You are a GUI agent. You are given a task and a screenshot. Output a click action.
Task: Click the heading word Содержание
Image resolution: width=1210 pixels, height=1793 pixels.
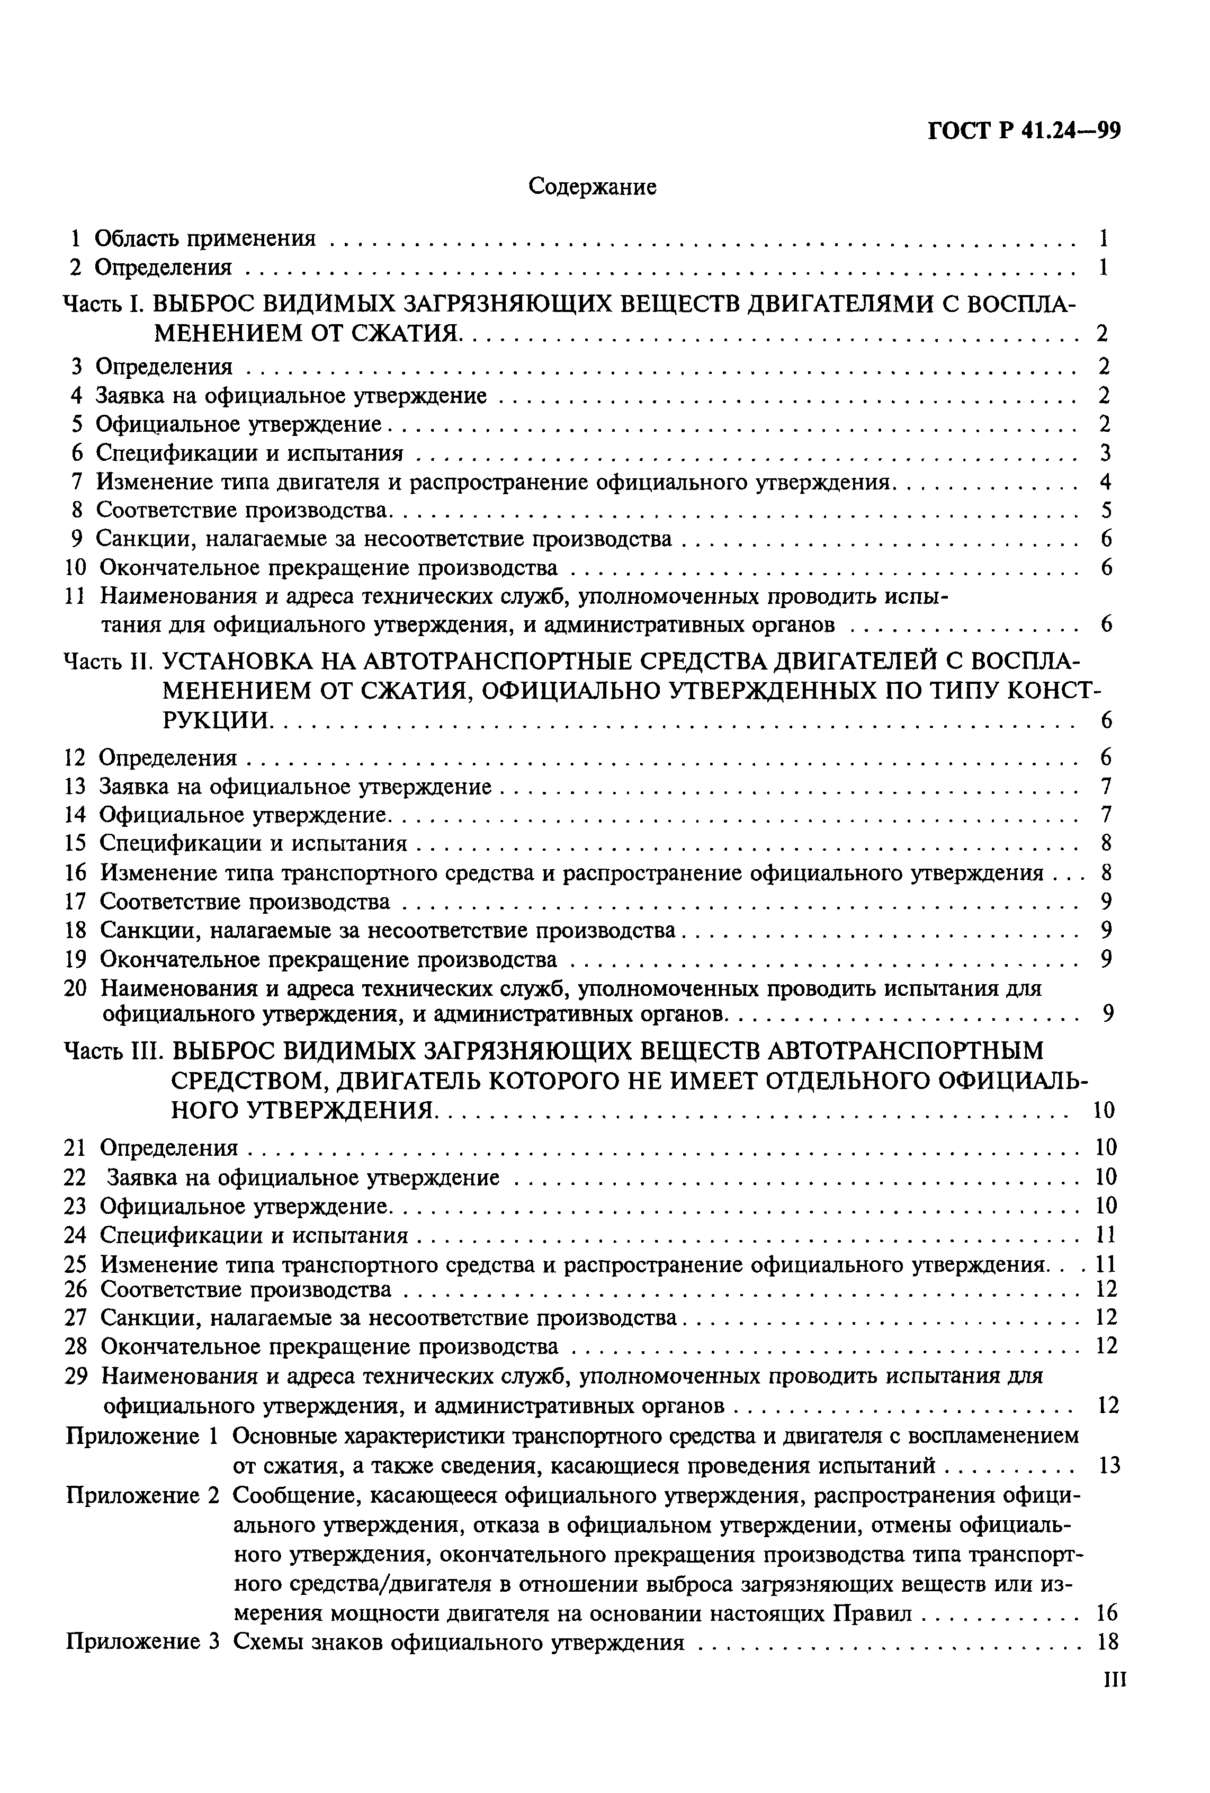pos(592,186)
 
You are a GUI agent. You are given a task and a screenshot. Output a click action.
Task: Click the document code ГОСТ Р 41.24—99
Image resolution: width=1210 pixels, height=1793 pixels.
pos(1024,132)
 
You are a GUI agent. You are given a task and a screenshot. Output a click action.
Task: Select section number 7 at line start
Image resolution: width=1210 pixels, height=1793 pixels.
pos(76,482)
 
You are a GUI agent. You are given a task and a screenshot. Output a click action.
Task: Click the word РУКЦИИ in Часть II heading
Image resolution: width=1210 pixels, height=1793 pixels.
pos(218,720)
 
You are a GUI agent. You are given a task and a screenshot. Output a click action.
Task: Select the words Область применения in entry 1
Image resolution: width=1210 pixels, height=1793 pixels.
pos(205,238)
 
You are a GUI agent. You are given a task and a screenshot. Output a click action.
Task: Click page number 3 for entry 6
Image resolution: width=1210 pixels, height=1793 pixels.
pos(1106,453)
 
